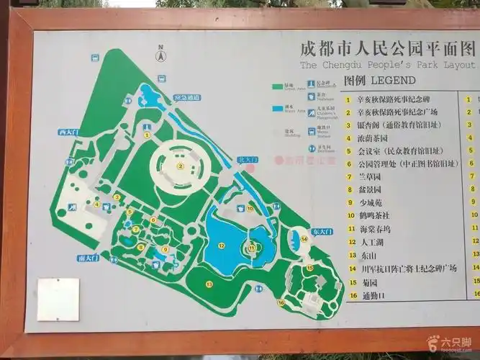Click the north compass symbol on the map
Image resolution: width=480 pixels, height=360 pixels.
(x=161, y=53)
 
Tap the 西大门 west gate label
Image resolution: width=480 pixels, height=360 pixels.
(x=68, y=132)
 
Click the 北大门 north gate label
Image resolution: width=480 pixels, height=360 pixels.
(x=246, y=160)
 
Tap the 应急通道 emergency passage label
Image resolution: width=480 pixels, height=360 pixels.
(x=187, y=97)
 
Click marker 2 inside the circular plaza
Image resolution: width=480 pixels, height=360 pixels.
(x=181, y=166)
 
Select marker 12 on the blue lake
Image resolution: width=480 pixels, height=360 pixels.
(x=222, y=246)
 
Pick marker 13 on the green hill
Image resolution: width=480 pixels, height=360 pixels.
(x=209, y=284)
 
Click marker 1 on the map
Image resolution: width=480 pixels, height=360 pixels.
(x=147, y=134)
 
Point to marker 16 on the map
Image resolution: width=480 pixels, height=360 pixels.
(x=281, y=302)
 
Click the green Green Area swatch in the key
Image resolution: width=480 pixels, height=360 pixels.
(x=279, y=87)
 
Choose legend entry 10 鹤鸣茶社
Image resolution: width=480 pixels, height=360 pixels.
(x=375, y=215)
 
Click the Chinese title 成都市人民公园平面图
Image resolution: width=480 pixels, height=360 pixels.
(x=387, y=49)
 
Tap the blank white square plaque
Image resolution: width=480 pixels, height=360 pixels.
(x=58, y=299)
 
